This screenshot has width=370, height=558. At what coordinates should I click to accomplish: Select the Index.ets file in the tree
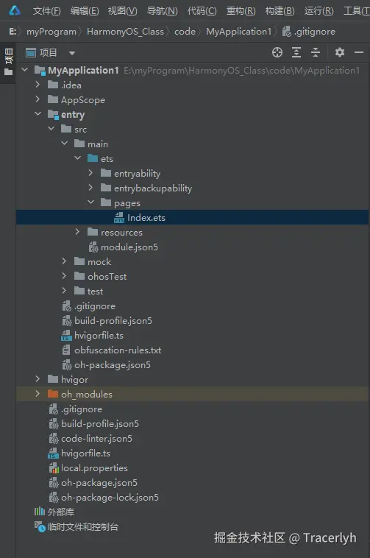(146, 217)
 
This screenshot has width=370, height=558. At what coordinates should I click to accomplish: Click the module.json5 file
(129, 247)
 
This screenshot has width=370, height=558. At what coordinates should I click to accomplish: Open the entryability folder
(137, 173)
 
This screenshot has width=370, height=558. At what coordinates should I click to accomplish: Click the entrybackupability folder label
(153, 188)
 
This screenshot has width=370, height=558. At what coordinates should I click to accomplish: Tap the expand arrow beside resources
(77, 232)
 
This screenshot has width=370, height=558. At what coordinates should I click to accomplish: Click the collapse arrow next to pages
(91, 202)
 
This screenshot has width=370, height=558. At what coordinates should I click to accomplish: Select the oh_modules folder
(86, 395)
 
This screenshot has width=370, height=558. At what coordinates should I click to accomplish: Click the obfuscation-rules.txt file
(118, 350)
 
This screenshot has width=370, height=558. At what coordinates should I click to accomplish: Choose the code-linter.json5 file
(96, 439)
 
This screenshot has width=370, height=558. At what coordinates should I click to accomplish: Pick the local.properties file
(94, 468)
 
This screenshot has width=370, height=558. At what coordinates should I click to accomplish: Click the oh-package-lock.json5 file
(110, 498)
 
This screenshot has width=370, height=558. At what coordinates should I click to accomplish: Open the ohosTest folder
(107, 277)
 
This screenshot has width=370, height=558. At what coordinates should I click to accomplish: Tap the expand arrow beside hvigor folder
(38, 379)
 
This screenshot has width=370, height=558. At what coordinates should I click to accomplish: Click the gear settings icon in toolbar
(340, 53)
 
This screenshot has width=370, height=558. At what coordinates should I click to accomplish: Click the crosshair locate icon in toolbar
(277, 53)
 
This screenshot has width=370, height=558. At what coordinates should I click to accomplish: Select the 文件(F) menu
(46, 11)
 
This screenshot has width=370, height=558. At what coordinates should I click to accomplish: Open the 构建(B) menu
(280, 11)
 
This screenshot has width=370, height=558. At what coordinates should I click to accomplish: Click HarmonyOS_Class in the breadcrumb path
(125, 32)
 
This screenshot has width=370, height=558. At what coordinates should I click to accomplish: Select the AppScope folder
(83, 100)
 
